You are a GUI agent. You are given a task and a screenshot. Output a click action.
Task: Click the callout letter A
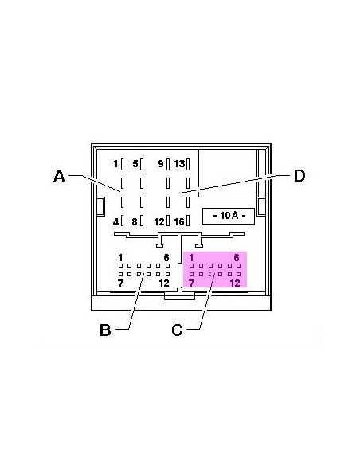click(59, 175)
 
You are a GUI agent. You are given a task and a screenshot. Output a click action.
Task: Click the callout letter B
click(105, 330)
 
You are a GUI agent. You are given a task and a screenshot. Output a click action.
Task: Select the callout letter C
click(177, 330)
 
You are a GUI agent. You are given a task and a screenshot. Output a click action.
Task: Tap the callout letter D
click(299, 175)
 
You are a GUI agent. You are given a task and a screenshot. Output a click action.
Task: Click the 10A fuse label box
click(229, 216)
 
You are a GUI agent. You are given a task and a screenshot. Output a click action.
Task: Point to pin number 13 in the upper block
click(179, 163)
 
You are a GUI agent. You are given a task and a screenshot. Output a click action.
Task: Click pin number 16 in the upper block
click(179, 221)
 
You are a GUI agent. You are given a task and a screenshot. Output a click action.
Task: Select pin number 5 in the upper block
click(135, 163)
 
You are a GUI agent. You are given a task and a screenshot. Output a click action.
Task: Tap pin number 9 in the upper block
click(161, 163)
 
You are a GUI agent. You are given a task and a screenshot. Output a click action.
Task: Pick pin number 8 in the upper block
click(135, 221)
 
